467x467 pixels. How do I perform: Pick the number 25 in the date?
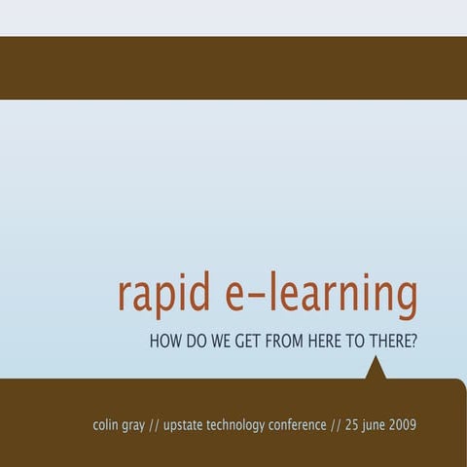353,425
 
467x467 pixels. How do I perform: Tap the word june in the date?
378,426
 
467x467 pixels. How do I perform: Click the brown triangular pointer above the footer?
376,370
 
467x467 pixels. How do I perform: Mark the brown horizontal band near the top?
233,68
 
